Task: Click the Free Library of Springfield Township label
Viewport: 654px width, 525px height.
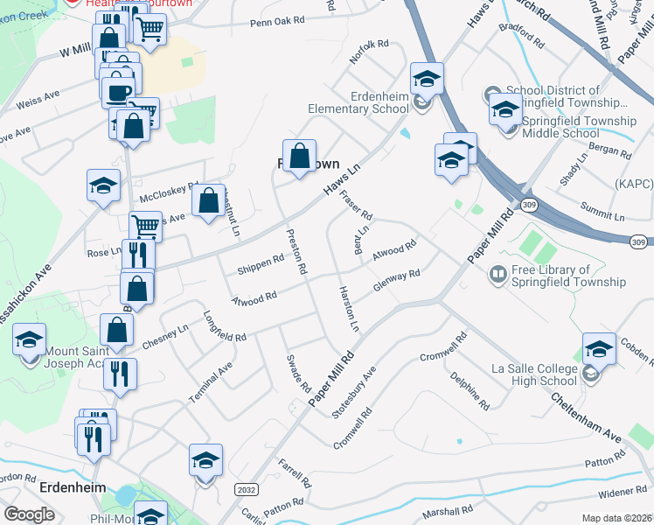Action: (569, 276)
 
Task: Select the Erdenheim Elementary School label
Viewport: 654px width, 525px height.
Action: (358, 102)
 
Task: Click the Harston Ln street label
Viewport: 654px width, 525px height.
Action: (349, 308)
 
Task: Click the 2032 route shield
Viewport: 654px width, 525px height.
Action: (247, 491)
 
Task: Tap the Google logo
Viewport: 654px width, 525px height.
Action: (29, 514)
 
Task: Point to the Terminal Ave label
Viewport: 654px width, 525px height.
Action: (211, 383)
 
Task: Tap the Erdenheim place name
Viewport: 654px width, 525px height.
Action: (73, 487)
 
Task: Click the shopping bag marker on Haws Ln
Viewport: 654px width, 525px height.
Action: (299, 157)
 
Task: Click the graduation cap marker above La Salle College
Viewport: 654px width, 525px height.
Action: (599, 350)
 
